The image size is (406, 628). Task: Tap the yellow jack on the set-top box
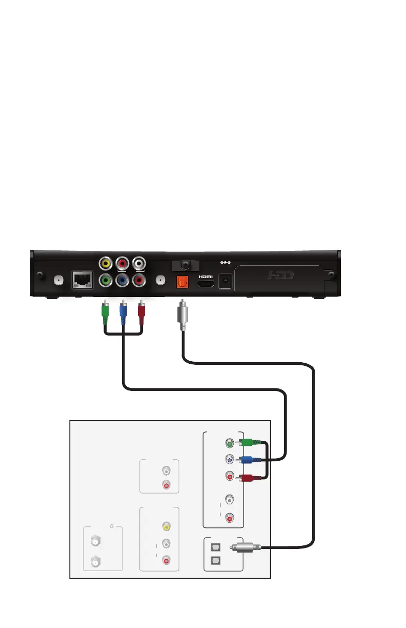(x=106, y=264)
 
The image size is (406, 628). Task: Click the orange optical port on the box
(x=180, y=281)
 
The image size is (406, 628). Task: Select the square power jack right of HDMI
(x=225, y=281)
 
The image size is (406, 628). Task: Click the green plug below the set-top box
(x=106, y=312)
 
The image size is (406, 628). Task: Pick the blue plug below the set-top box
(x=123, y=312)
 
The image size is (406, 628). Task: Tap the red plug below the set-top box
(x=140, y=312)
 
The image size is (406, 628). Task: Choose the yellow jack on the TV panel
(x=166, y=526)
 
